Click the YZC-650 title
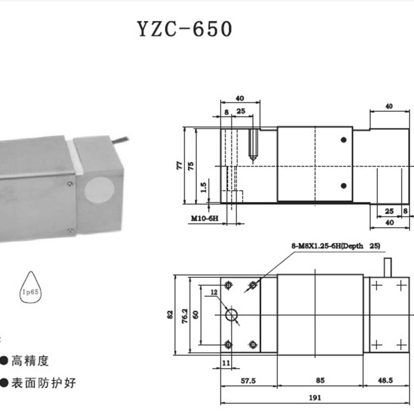coord(184,29)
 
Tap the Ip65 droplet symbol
coord(32,290)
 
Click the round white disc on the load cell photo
coord(100,190)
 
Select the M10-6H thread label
coord(204,219)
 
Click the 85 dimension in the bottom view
coord(320,380)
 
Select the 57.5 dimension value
coord(248,380)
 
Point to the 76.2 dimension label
coord(184,314)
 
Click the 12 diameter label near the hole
coord(214,292)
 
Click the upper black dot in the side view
coord(343,140)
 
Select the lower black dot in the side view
coord(343,185)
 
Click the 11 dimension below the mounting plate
coord(226,363)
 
